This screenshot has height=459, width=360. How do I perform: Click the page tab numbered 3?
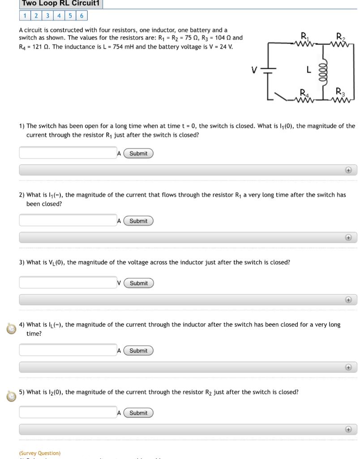(48, 16)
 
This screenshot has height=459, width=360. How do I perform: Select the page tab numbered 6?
(81, 16)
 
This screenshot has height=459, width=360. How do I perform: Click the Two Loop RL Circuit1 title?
(61, 4)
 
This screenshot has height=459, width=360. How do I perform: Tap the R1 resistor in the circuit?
(304, 43)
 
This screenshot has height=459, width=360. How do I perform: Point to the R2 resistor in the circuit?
(341, 43)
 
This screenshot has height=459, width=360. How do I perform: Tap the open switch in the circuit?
(281, 96)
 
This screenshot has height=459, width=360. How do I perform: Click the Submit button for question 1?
(138, 153)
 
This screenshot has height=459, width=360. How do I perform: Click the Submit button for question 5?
(138, 413)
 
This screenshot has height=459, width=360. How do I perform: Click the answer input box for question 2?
(68, 220)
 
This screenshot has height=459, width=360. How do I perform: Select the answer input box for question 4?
(68, 350)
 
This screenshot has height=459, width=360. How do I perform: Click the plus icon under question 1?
(348, 170)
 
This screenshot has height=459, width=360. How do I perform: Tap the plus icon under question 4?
(348, 367)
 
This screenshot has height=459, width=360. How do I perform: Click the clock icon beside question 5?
(11, 396)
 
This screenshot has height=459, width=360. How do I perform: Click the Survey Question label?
(40, 453)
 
